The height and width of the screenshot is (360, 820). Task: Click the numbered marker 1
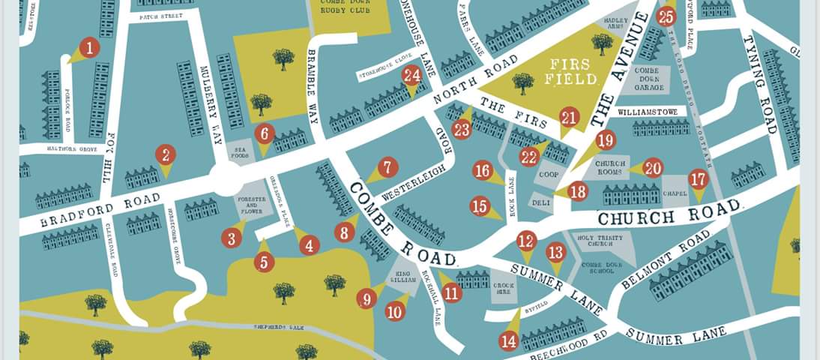(x=89, y=49)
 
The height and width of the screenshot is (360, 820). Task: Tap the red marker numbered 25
(x=666, y=16)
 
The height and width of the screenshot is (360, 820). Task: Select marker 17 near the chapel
(x=698, y=179)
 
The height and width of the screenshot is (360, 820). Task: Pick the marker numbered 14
(x=509, y=341)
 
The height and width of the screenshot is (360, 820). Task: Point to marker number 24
(x=411, y=75)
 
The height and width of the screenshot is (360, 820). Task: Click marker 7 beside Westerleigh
(x=387, y=168)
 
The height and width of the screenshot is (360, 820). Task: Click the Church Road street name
(x=669, y=214)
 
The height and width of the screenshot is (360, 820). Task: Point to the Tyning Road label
(x=759, y=83)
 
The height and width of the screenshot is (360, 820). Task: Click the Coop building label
(x=548, y=175)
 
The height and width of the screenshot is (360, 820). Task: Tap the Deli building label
(x=541, y=202)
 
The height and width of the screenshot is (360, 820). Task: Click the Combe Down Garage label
(x=649, y=79)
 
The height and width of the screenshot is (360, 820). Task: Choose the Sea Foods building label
(x=241, y=151)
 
